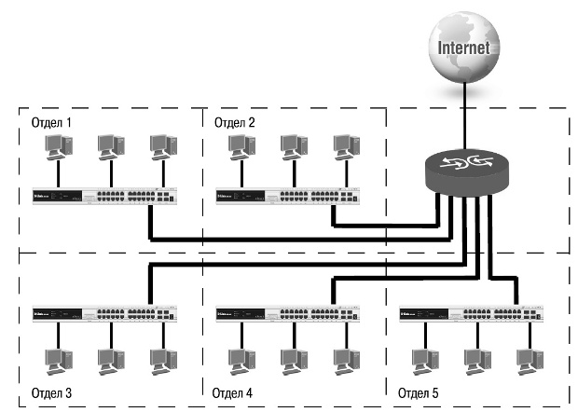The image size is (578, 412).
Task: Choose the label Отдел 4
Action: coord(232,392)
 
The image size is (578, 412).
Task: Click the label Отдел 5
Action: coord(417,392)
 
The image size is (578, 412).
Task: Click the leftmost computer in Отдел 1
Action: coord(59,146)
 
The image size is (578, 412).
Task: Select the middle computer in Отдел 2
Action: coord(292,146)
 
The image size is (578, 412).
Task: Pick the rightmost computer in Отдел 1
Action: coord(160,146)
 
